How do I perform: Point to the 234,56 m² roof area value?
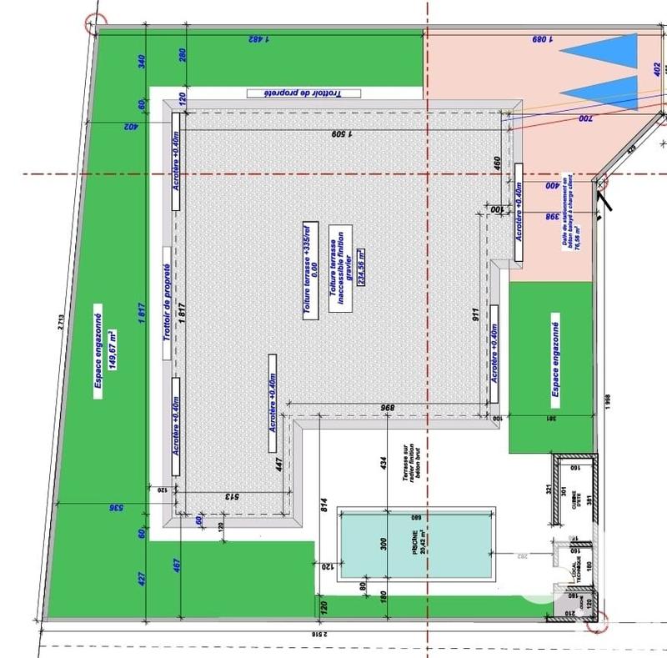click(x=361, y=267)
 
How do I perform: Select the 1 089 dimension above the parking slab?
click(x=544, y=38)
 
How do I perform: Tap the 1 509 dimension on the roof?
click(x=342, y=133)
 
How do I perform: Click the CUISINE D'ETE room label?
click(x=574, y=497)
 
